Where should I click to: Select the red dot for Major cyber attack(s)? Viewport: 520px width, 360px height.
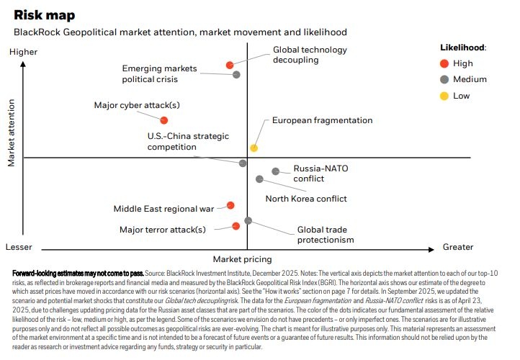coord(164,120)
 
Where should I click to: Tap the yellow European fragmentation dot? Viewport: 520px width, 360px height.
coord(254,148)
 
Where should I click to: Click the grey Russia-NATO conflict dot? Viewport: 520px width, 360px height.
coord(275,171)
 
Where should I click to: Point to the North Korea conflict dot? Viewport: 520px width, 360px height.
coord(259,179)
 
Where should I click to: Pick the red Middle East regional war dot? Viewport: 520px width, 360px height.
coord(230,205)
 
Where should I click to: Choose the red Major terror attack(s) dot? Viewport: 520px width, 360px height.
coord(236,226)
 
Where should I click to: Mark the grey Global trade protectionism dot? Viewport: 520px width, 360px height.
coord(248,220)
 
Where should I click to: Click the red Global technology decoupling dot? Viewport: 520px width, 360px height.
coord(230,65)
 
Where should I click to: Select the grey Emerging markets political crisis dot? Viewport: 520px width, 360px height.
coord(236,74)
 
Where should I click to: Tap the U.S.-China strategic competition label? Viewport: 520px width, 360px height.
coord(171,141)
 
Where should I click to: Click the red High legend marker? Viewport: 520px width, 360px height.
coord(444,63)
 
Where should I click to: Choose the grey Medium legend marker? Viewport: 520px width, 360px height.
coord(444,79)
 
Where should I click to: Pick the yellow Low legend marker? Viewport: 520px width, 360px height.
coord(444,96)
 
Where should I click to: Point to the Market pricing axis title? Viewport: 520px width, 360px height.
coord(242,258)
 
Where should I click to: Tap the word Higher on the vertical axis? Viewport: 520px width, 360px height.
coord(24,52)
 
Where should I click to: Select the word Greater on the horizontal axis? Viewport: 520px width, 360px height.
coord(457,247)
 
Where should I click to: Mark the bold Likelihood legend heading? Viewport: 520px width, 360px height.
coord(463,47)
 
